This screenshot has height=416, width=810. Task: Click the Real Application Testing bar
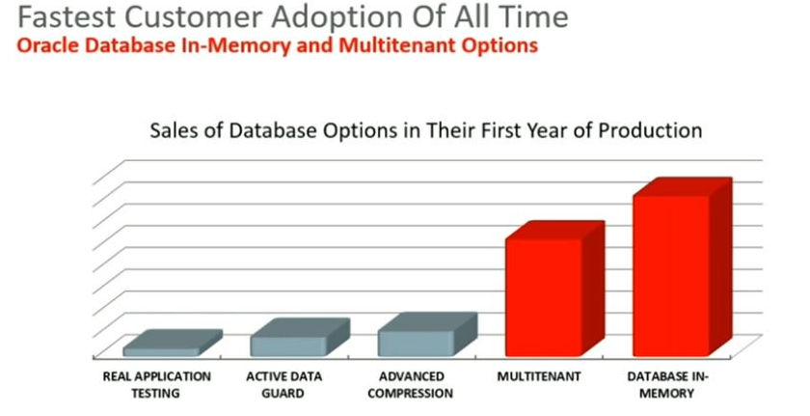[x=172, y=345]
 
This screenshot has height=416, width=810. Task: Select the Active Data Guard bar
[x=300, y=338]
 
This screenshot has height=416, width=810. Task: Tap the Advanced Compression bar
[x=427, y=335]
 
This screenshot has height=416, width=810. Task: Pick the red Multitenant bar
[x=554, y=290]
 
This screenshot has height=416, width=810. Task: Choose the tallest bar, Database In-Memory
[x=682, y=267]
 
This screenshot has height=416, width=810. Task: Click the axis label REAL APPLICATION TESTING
[x=156, y=384]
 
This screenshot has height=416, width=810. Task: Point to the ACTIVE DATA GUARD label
[x=283, y=384]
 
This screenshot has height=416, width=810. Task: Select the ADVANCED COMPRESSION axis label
[x=411, y=384]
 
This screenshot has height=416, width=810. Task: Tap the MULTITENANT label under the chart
[x=539, y=376]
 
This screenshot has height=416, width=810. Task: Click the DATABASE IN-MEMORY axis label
[x=667, y=384]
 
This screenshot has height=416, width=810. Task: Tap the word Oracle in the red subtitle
[x=48, y=45]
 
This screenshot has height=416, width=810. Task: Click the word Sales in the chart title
[x=173, y=130]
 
